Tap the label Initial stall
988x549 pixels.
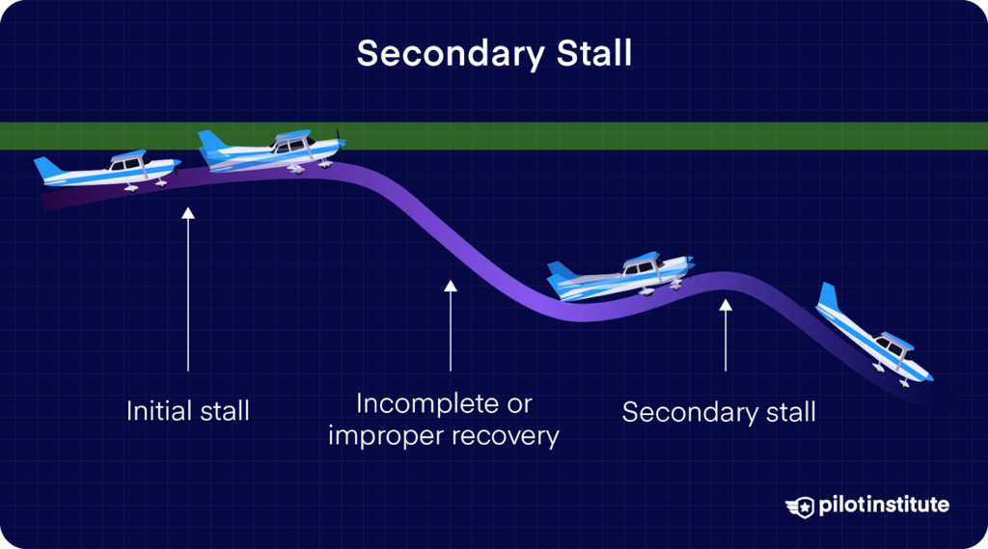[188, 410]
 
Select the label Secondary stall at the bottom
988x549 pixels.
[719, 412]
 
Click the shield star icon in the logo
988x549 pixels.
[800, 507]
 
